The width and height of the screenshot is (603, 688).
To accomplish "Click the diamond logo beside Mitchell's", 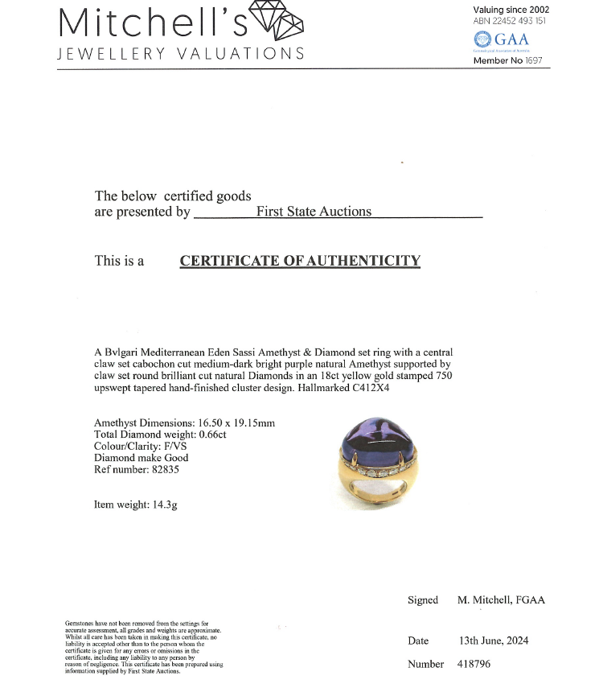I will [277, 21].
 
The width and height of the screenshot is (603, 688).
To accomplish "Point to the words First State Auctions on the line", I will [314, 212].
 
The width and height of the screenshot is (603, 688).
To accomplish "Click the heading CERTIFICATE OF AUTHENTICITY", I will [300, 261].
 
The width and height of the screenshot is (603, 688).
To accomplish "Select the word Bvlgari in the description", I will [122, 352].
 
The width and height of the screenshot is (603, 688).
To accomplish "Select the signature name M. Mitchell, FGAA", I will [501, 600].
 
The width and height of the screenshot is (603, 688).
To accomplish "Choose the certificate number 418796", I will [474, 664].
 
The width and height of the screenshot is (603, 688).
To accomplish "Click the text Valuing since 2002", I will [511, 10].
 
